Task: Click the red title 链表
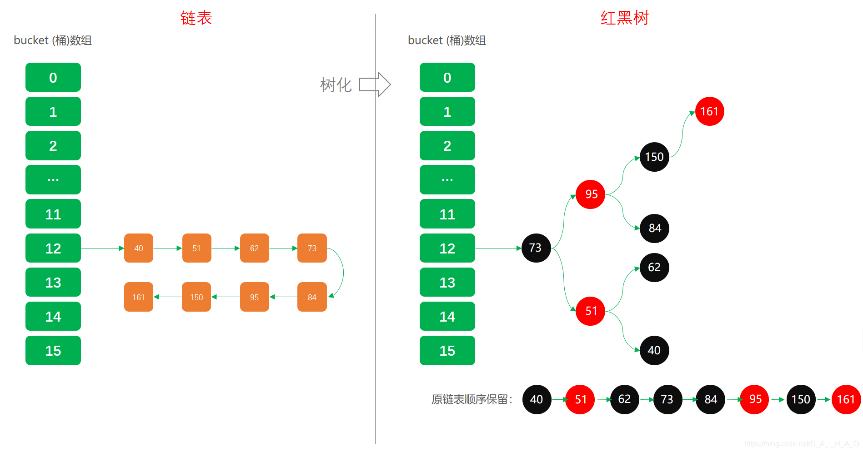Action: click(x=196, y=18)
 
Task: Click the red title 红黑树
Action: click(x=624, y=18)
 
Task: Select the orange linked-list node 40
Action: click(x=139, y=248)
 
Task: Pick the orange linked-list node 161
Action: click(x=139, y=297)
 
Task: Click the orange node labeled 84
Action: click(x=312, y=297)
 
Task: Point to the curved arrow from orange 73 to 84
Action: click(x=342, y=273)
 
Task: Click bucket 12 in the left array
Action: click(x=53, y=248)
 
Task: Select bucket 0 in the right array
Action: click(x=447, y=78)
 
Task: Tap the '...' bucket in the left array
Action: click(x=53, y=180)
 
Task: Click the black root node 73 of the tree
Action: click(x=536, y=248)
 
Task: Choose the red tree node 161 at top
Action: click(x=709, y=111)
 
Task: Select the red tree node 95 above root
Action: click(x=590, y=194)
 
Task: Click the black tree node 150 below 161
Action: click(x=654, y=157)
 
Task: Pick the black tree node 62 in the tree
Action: click(x=654, y=268)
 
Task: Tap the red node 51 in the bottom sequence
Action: click(x=580, y=400)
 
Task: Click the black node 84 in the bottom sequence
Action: click(x=710, y=400)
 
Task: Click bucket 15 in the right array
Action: click(x=447, y=351)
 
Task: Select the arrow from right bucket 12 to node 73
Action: click(x=498, y=248)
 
